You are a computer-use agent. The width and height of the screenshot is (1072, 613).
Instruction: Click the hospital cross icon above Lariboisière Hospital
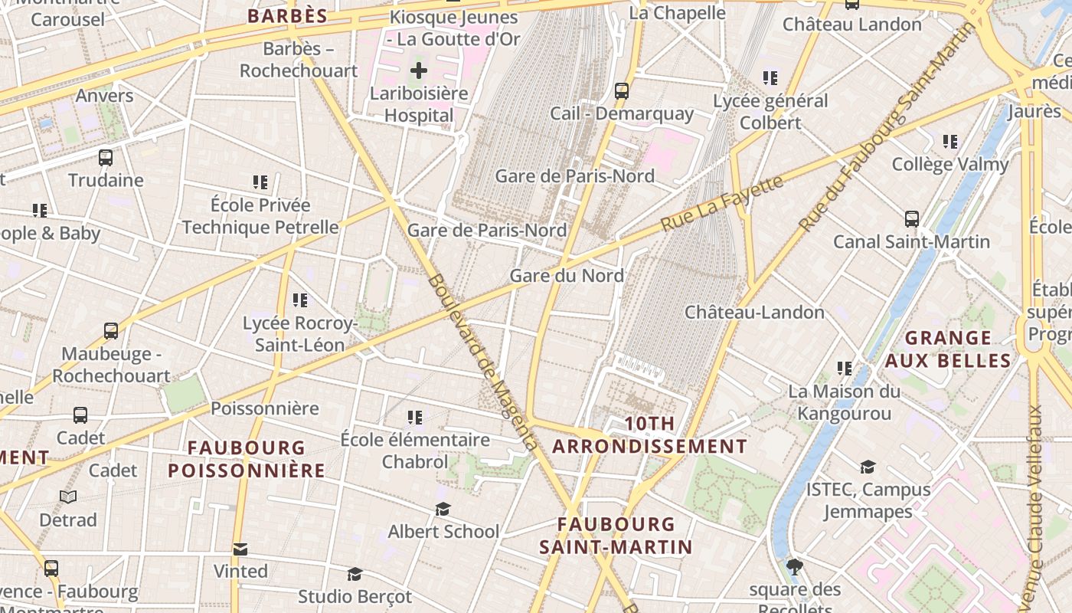tap(418, 71)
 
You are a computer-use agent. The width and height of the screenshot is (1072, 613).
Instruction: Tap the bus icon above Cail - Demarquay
tap(622, 91)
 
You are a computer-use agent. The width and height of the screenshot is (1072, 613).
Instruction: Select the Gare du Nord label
tap(567, 276)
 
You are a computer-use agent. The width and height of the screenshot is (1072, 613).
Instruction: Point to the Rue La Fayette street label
tap(722, 203)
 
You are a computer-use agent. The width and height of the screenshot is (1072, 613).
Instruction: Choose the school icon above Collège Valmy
tap(950, 142)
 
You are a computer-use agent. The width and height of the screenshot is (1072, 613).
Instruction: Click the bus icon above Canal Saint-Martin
tap(911, 219)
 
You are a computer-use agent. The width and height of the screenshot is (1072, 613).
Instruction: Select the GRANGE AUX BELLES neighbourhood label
tap(948, 349)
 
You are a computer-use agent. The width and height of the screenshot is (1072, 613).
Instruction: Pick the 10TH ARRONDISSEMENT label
tap(649, 435)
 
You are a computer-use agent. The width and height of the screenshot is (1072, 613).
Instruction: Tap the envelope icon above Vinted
tap(240, 549)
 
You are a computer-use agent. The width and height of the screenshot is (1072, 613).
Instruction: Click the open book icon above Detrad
tap(68, 497)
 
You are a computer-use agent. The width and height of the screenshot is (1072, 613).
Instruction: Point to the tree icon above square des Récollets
tap(795, 567)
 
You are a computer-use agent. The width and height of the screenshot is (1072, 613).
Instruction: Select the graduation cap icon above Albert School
tap(443, 510)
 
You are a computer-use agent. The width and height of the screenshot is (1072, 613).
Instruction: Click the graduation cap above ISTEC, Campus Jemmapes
tap(868, 467)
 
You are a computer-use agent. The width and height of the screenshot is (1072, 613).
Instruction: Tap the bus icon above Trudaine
tap(106, 158)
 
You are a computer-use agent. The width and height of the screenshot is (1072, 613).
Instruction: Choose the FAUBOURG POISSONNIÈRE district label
tap(247, 459)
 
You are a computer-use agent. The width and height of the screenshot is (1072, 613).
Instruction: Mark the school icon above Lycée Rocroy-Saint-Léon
tap(299, 300)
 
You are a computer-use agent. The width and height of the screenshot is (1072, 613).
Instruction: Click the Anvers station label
tap(104, 96)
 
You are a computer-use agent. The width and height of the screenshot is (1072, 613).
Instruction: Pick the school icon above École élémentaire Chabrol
tap(414, 418)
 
